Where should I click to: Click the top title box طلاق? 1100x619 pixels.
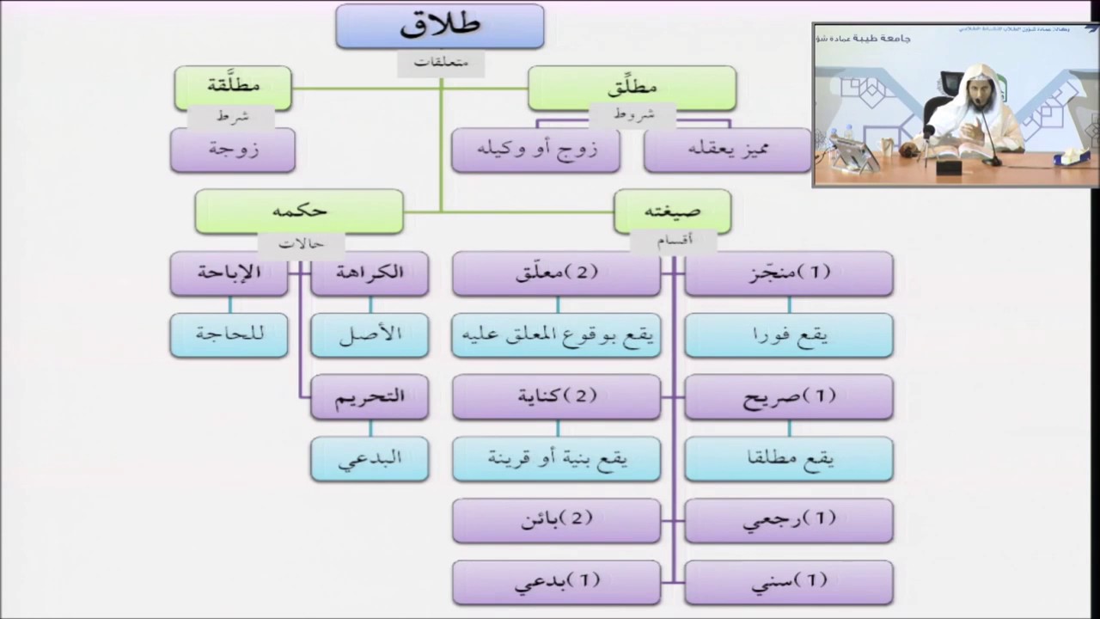[x=439, y=26]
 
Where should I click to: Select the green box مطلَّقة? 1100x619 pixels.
[x=233, y=87]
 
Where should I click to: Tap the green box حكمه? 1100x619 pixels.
[x=299, y=211]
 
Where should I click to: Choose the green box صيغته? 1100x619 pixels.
[x=672, y=211]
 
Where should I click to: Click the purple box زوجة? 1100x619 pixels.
[x=233, y=150]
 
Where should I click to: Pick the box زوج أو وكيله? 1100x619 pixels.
[x=535, y=150]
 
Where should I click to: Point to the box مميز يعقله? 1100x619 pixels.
[x=727, y=150]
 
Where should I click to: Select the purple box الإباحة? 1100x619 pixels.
[x=229, y=273]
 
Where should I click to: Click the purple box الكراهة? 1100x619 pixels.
[x=370, y=273]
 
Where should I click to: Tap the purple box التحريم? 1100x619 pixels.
[x=370, y=397]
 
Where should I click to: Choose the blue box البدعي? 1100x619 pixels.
[x=370, y=459]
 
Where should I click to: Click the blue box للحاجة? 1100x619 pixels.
[x=229, y=335]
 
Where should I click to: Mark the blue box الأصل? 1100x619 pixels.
[x=370, y=335]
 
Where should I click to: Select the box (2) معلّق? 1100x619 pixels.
[x=556, y=273]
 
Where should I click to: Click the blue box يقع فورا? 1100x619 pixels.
[x=789, y=335]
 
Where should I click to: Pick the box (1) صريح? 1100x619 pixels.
[x=789, y=397]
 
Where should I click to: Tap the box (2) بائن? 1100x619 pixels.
[x=556, y=520]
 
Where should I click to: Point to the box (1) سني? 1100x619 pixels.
[x=789, y=582]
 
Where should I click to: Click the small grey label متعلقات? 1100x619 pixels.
[x=440, y=63]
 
